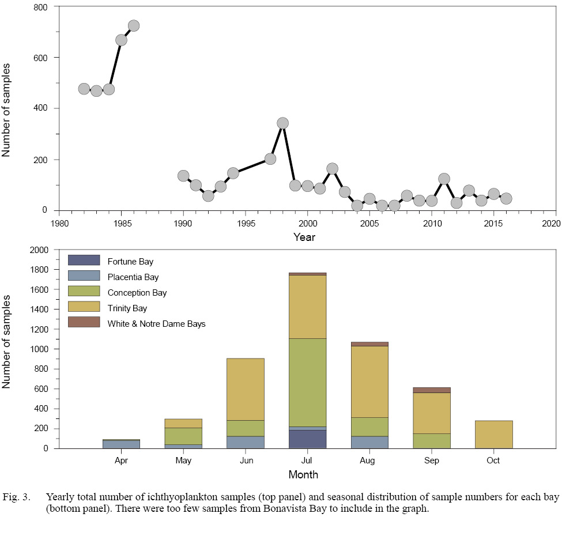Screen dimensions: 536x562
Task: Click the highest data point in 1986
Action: point(134,26)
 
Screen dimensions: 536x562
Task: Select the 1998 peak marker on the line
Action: point(282,123)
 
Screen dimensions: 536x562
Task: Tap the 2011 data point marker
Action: point(444,179)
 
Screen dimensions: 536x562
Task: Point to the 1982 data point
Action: point(84,89)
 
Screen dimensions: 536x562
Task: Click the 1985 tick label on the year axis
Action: point(122,222)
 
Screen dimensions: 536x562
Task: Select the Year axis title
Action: point(304,237)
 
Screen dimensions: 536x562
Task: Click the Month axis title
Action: point(303,475)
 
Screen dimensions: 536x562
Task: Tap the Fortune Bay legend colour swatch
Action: point(84,261)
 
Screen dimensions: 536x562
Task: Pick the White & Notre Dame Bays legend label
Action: point(156,324)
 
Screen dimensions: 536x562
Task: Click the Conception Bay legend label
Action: point(137,293)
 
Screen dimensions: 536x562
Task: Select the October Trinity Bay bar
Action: point(493,435)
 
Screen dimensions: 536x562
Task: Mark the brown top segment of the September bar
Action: point(431,390)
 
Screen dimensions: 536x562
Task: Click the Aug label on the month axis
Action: point(367,461)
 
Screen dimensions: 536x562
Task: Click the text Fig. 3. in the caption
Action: point(16,497)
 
